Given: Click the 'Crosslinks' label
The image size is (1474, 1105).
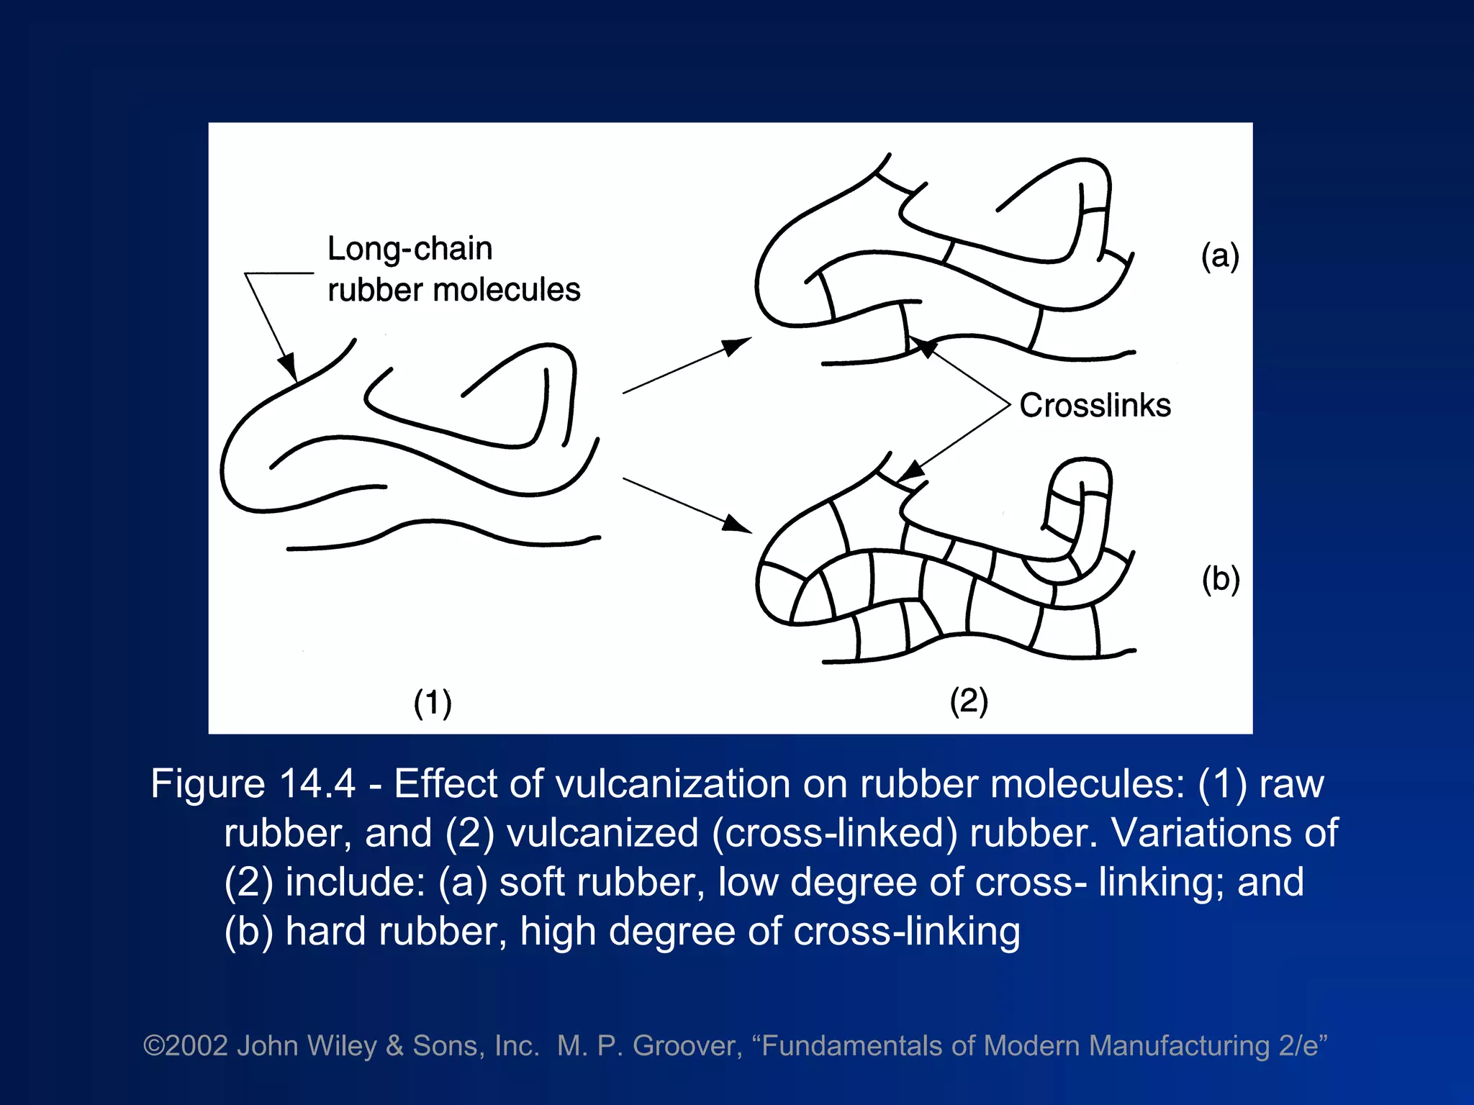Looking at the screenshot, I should click(1095, 405).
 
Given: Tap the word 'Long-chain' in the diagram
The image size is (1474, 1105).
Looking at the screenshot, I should click(410, 249).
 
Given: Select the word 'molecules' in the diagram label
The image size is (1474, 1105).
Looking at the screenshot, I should click(507, 290).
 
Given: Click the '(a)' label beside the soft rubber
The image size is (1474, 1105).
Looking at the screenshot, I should click(1220, 256).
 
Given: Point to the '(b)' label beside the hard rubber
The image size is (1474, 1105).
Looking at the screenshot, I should click(1221, 579).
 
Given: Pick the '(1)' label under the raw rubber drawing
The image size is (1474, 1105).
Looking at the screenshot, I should click(433, 702).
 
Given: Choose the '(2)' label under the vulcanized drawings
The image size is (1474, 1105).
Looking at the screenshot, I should click(969, 701).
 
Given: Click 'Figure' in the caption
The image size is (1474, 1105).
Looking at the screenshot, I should click(208, 783).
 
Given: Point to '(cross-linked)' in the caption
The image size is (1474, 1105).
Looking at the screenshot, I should click(835, 833).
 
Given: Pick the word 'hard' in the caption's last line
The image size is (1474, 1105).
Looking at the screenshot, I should click(325, 931).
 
